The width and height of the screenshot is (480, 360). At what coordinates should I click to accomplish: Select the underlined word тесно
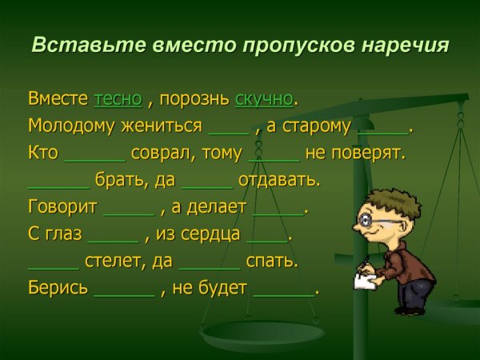pyautogui.click(x=118, y=99)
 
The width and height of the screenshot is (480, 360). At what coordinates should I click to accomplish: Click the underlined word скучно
pyautogui.click(x=264, y=99)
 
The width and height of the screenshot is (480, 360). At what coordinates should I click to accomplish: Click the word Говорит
pyautogui.click(x=62, y=207)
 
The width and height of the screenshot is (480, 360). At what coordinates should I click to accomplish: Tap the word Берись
pyautogui.click(x=58, y=289)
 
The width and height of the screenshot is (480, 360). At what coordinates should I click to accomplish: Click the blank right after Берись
pyautogui.click(x=124, y=293)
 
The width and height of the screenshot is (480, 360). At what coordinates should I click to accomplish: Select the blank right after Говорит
pyautogui.click(x=129, y=212)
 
